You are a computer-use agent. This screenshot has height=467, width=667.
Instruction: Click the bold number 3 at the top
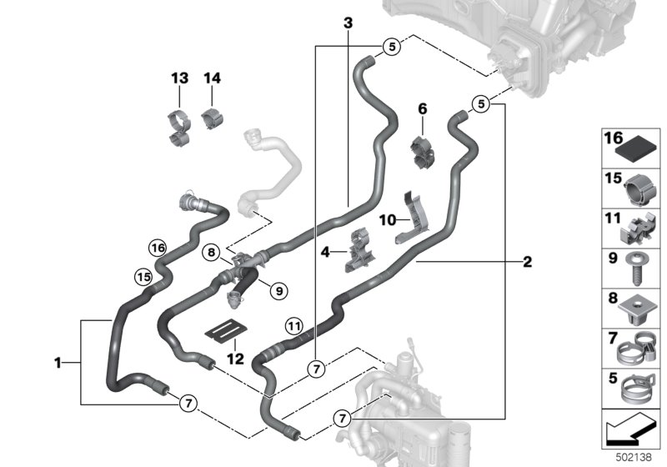click(348, 23)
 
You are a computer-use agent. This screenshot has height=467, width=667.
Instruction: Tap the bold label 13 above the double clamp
click(179, 78)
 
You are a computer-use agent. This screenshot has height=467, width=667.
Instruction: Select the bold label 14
click(213, 78)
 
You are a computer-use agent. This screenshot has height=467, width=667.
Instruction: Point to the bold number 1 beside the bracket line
click(58, 364)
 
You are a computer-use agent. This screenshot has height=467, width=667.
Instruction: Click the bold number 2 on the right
click(528, 262)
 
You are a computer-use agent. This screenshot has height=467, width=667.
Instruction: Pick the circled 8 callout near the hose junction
click(212, 253)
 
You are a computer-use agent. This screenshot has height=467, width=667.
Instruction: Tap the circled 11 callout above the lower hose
click(294, 327)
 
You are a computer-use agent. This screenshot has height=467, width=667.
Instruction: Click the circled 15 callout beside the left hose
click(143, 278)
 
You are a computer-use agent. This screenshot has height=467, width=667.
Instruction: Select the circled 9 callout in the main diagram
click(279, 291)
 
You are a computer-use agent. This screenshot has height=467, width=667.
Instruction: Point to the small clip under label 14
click(213, 118)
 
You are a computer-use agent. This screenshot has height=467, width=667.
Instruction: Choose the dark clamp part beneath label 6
click(423, 152)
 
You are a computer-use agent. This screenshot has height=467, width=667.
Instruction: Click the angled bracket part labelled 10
click(412, 219)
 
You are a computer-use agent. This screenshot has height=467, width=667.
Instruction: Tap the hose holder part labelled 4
click(359, 251)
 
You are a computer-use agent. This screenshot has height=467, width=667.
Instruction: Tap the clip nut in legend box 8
click(636, 309)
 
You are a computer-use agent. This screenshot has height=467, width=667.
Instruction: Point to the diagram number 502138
click(634, 457)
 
